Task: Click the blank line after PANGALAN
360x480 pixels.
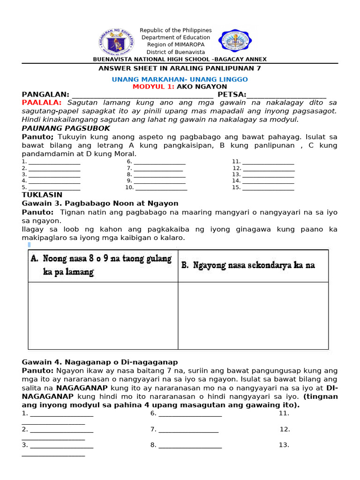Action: pyautogui.click(x=142, y=95)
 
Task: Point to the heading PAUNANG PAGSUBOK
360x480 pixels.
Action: pyautogui.click(x=66, y=128)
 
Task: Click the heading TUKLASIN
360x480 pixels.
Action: pyautogui.click(x=42, y=195)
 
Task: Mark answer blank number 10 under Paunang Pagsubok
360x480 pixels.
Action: pyautogui.click(x=161, y=188)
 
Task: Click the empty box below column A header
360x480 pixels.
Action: pyautogui.click(x=103, y=315)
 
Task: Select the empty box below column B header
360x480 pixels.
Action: pyautogui.click(x=253, y=315)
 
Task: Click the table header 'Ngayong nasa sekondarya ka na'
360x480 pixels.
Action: pyautogui.click(x=248, y=265)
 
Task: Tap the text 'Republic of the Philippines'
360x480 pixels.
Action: pyautogui.click(x=176, y=30)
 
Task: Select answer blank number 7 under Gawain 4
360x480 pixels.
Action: pyautogui.click(x=188, y=430)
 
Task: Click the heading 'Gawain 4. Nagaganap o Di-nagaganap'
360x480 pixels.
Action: pyautogui.click(x=100, y=362)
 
